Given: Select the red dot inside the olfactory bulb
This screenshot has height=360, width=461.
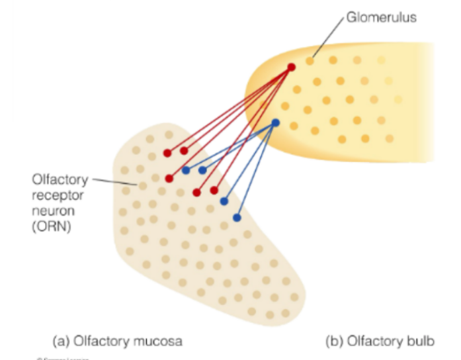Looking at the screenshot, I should click(x=291, y=67).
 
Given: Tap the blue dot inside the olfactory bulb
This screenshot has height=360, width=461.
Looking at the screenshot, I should click(x=276, y=123).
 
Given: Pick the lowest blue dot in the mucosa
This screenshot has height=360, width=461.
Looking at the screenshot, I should click(x=237, y=218).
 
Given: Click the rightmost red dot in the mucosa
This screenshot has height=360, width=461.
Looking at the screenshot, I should click(x=214, y=190).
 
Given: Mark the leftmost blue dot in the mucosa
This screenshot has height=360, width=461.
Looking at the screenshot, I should click(x=186, y=170).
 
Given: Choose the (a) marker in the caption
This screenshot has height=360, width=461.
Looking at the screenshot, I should click(x=60, y=341).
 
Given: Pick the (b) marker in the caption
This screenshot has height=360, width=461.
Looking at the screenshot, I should click(x=335, y=341).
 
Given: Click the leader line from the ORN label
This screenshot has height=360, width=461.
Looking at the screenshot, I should click(x=116, y=181).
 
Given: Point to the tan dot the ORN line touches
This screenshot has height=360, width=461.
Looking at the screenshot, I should click(x=140, y=186).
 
